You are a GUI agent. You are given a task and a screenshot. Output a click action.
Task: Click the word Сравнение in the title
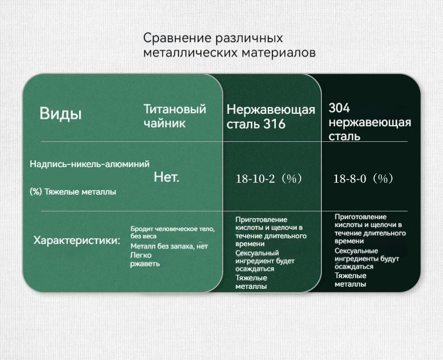(177, 38)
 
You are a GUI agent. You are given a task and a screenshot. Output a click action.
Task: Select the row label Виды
(61, 114)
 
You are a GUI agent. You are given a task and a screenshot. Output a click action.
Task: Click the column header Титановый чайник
(175, 116)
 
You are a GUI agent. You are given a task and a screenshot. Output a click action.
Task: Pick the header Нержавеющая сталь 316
(271, 117)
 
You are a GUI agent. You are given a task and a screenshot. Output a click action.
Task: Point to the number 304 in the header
(339, 108)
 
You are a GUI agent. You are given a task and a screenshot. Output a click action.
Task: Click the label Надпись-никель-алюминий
(90, 164)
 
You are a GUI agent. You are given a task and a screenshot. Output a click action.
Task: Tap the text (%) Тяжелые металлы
(73, 192)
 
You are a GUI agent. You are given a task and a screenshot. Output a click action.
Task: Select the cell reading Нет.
(167, 177)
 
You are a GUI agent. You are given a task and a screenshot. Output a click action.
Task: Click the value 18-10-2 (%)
(269, 178)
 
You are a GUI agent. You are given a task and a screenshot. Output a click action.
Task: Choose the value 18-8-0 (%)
(363, 178)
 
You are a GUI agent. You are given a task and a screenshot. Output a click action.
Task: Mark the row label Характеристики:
(77, 241)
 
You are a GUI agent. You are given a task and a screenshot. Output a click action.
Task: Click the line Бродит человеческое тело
(173, 229)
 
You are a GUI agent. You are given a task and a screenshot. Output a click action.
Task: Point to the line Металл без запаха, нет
(169, 246)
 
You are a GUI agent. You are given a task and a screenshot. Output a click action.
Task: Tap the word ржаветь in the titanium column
(145, 264)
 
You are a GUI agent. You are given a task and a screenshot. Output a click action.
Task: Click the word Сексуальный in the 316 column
(257, 253)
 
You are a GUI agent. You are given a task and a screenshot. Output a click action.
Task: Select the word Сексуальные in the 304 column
(356, 251)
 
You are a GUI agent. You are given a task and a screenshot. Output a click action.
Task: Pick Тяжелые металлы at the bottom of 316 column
(251, 282)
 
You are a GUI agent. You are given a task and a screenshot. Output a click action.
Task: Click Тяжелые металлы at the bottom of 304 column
(350, 280)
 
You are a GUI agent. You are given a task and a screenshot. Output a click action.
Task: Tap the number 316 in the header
(274, 124)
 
